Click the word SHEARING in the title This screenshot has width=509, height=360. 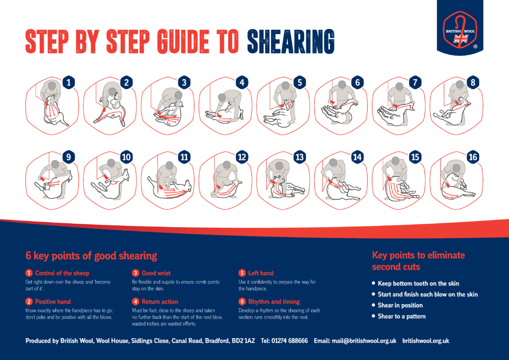pos(290,42)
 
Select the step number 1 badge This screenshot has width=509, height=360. pos(69,83)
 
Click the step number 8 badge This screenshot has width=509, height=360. pos(473,83)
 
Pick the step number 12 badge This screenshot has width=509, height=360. pos(242,157)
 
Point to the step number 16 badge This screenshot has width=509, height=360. pos(473,157)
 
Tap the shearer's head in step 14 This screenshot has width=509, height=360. pos(333,162)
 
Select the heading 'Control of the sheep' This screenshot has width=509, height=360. pos(62,273)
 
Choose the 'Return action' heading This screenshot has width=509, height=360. pos(160,301)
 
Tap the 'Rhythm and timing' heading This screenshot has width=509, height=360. pos(274,301)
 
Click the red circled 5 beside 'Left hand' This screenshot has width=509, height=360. pos(242,273)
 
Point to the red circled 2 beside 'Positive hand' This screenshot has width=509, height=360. pos(29,301)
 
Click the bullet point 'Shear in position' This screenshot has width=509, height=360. pos(400,305)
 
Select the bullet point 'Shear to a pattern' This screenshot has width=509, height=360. pos(402,316)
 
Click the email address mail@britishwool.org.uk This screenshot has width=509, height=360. pos(364,341)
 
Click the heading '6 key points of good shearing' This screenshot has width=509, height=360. pos(91,256)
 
